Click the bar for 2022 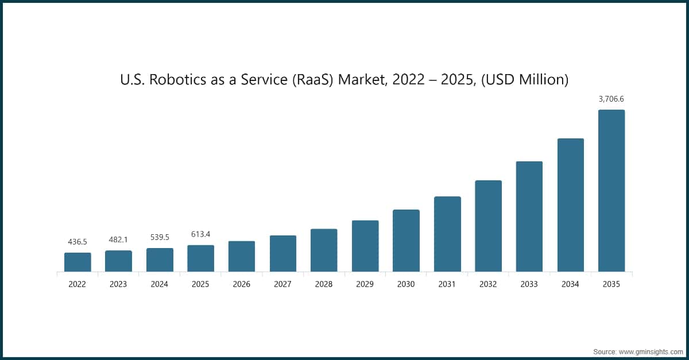pyautogui.click(x=78, y=262)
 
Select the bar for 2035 pyautogui.click(x=611, y=191)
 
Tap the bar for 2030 pyautogui.click(x=406, y=241)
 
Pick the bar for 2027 pyautogui.click(x=283, y=253)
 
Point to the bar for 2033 pyautogui.click(x=529, y=216)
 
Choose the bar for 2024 pyautogui.click(x=160, y=260)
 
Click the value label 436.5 pyautogui.click(x=78, y=242)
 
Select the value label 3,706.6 pyautogui.click(x=611, y=99)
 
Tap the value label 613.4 pyautogui.click(x=200, y=234)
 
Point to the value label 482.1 pyautogui.click(x=118, y=239)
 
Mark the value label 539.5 pyautogui.click(x=160, y=237)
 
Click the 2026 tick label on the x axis pyautogui.click(x=242, y=284)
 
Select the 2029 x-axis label pyautogui.click(x=365, y=284)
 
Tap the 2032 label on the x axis pyautogui.click(x=488, y=284)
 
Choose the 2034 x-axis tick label pyautogui.click(x=570, y=284)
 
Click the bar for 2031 pyautogui.click(x=447, y=234)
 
